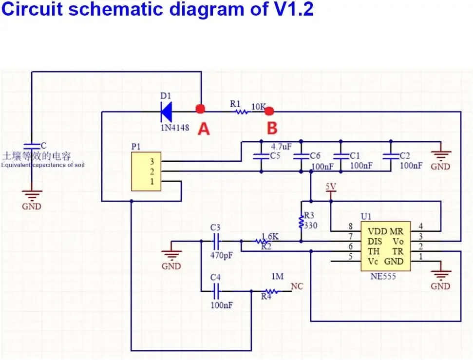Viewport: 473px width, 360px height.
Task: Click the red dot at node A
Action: point(200,109)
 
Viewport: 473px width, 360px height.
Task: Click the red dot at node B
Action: point(269,112)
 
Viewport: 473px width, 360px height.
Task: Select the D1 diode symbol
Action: point(166,112)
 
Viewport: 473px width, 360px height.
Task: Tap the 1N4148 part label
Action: point(175,128)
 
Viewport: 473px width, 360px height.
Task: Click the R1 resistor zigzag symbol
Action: point(242,112)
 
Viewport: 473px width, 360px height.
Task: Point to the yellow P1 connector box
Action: point(146,171)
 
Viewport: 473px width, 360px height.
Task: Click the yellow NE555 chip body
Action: point(386,246)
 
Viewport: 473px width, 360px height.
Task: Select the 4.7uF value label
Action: point(281,147)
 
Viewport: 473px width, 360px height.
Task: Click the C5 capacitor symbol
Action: point(261,156)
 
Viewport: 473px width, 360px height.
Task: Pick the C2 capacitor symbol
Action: point(391,156)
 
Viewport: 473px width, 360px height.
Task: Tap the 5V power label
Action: point(331,187)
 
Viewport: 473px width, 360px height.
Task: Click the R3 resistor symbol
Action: point(301,222)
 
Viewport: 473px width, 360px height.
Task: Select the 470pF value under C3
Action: point(222,255)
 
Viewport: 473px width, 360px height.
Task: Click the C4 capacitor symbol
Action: point(216,291)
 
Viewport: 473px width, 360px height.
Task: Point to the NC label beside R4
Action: point(297,286)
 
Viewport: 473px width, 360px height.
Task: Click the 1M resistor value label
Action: point(277,276)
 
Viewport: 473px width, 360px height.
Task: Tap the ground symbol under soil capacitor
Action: point(32,195)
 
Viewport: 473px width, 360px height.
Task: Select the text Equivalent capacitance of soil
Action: point(43,165)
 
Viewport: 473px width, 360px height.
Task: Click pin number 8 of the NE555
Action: point(350,227)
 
